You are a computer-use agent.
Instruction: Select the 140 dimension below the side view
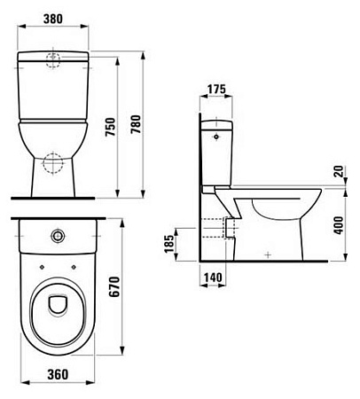tap(212, 278)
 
